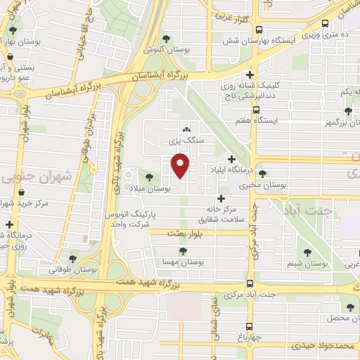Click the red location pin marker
tap(181, 165)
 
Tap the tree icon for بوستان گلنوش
tap(166, 39)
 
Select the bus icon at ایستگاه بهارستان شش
tap(259, 30)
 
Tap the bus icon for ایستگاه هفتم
tap(255, 110)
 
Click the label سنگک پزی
tap(186, 140)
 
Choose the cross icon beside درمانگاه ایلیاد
tap(232, 159)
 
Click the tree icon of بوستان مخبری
tap(262, 174)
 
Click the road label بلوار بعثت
tap(186, 233)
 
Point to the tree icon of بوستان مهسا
tap(184, 250)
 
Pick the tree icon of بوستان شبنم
tap(307, 252)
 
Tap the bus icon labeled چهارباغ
tap(250, 326)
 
